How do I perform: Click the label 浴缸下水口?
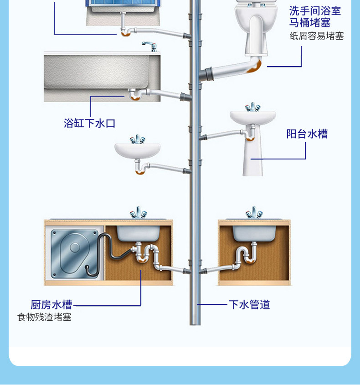(89, 123)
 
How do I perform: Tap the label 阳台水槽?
(307, 134)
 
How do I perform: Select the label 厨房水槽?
(51, 305)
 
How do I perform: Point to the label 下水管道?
(249, 304)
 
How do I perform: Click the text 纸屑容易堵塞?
(317, 36)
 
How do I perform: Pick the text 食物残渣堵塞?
(44, 317)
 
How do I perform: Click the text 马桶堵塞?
(310, 23)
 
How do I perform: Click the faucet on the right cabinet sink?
(253, 213)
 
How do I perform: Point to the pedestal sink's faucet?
(252, 108)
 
